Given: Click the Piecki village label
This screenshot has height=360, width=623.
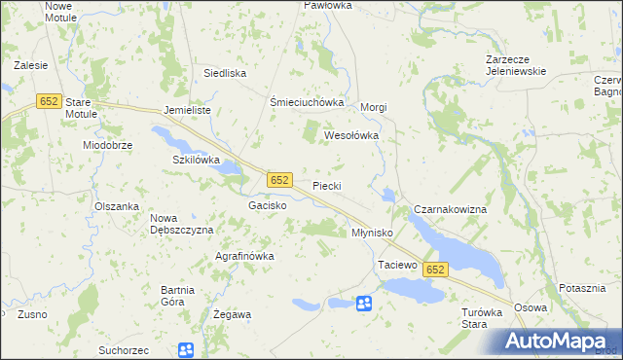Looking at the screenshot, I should [x=326, y=185].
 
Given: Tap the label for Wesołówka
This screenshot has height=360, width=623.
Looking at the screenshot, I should [x=350, y=136].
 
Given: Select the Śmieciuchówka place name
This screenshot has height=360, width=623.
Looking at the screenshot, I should [x=308, y=102].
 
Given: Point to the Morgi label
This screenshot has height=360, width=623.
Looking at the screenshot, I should [x=375, y=107].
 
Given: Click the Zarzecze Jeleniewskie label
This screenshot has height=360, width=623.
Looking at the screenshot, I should [x=517, y=65].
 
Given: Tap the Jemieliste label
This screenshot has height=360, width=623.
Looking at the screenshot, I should [x=188, y=111].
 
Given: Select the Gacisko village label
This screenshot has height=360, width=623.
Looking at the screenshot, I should [x=267, y=206].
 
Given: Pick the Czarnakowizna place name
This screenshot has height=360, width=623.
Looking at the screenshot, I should [x=457, y=209].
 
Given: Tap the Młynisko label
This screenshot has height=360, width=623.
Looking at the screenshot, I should [x=371, y=234].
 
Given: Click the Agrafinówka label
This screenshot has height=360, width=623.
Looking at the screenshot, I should [x=244, y=256].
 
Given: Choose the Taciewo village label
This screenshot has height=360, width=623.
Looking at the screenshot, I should [x=397, y=265].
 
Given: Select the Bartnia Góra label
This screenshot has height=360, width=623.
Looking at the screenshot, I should [x=185, y=295].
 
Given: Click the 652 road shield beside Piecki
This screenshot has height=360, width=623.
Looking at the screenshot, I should [x=279, y=180].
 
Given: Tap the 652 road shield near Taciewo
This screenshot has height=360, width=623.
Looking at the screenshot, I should [x=435, y=270].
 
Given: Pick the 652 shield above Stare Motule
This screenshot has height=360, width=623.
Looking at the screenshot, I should [x=49, y=100].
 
